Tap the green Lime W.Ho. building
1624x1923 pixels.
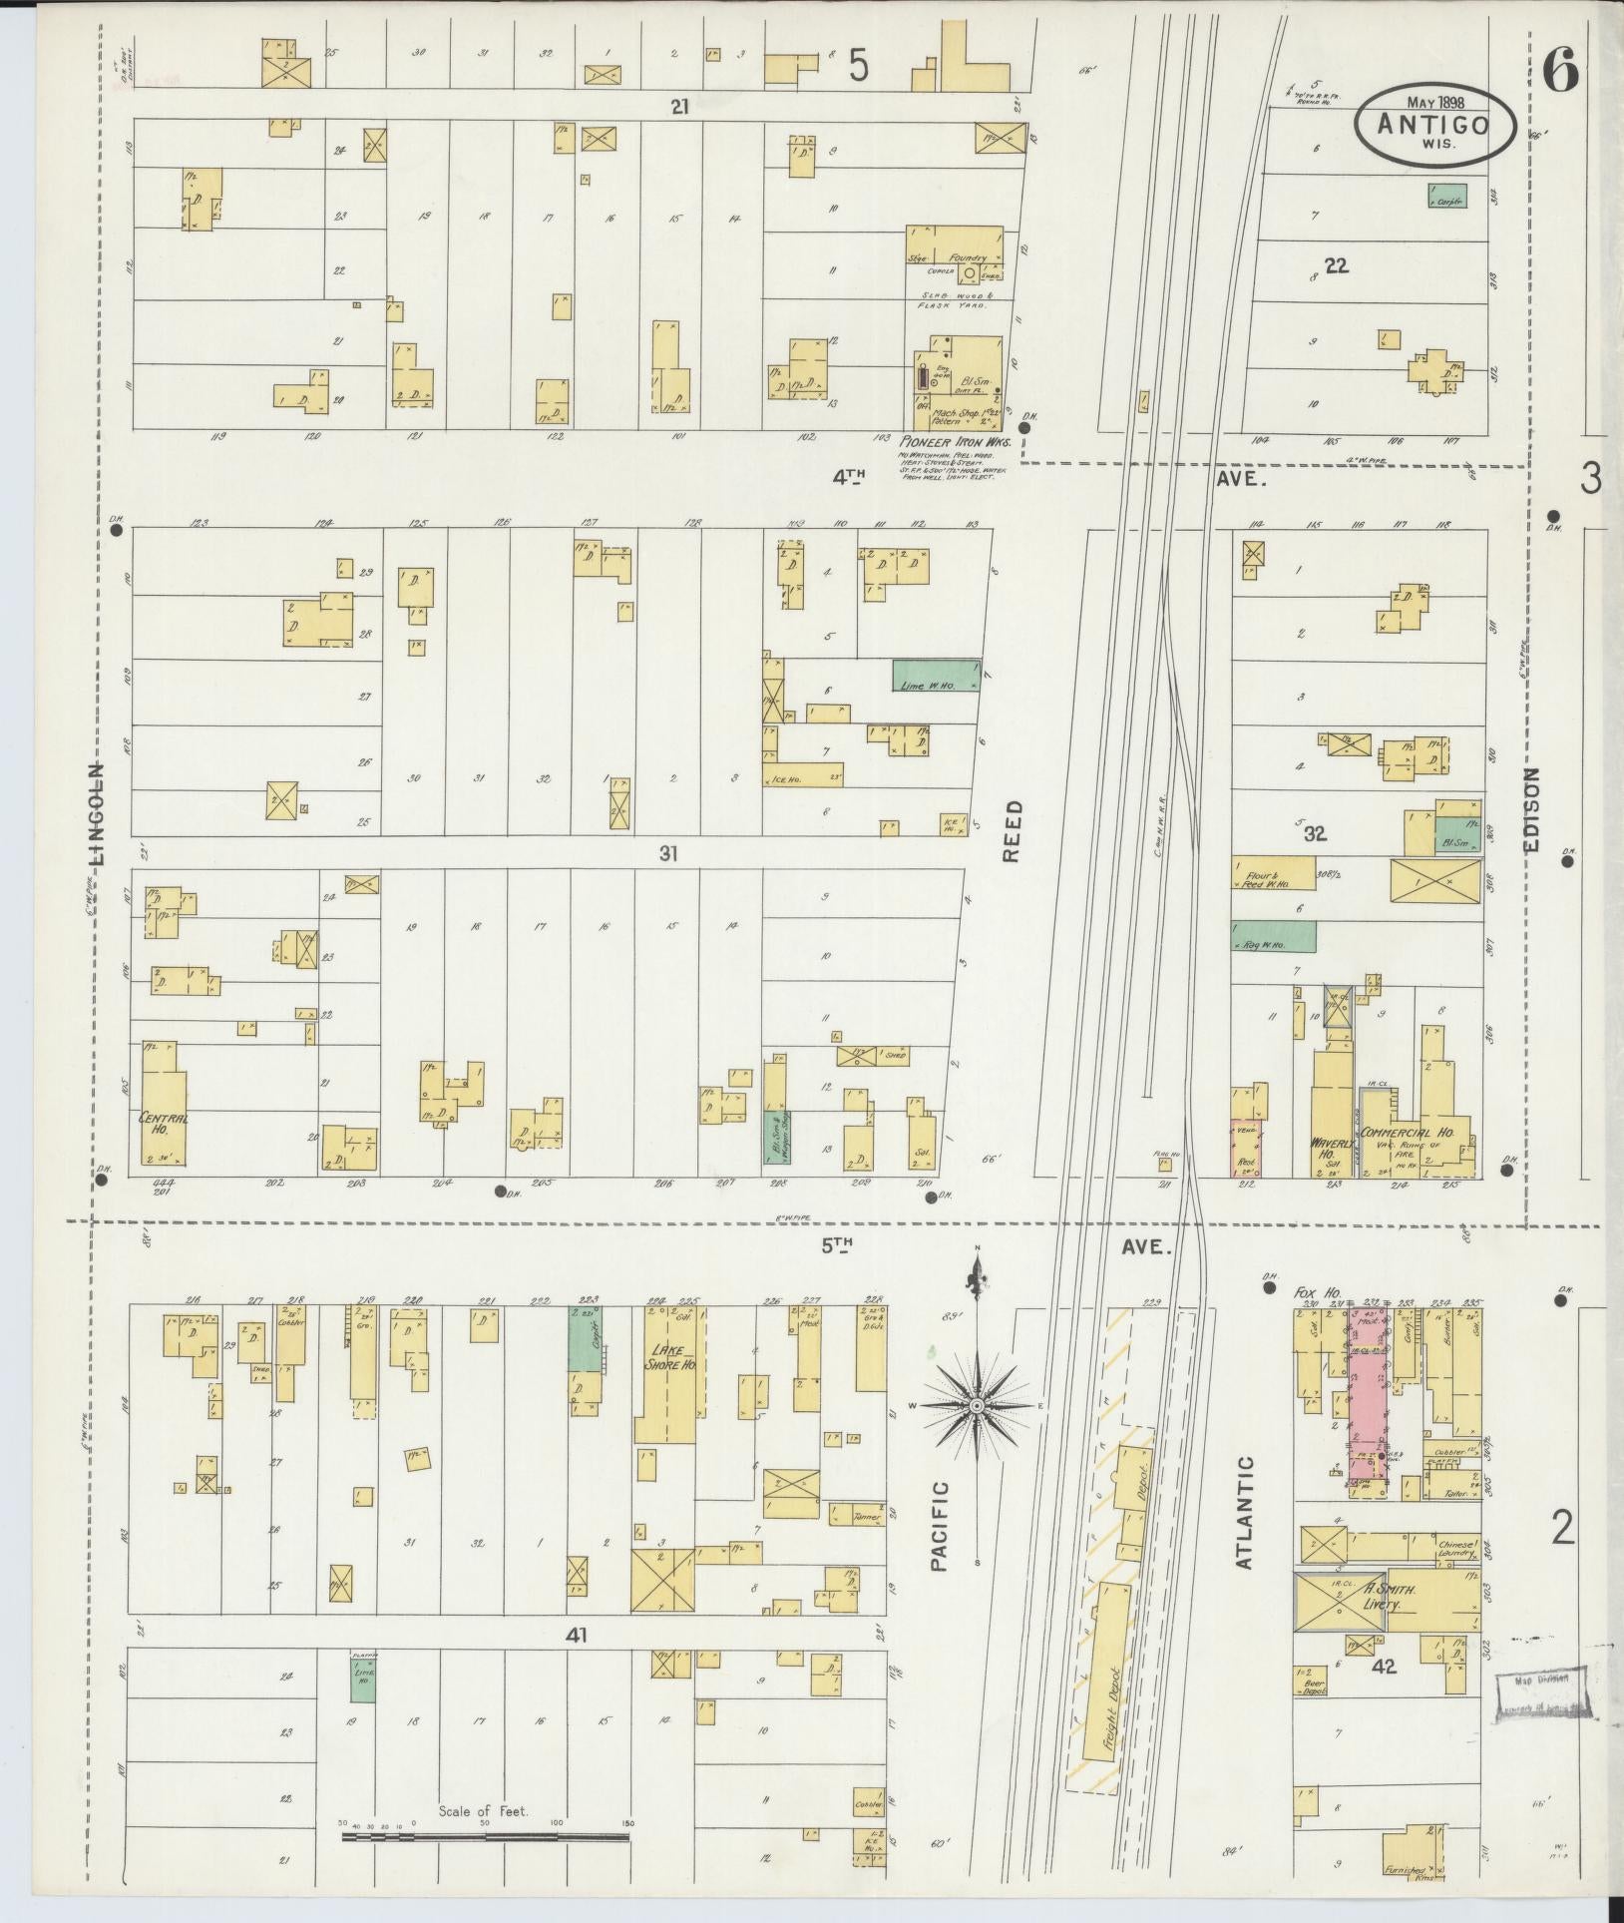tap(935, 676)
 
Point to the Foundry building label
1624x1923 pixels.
tap(967, 257)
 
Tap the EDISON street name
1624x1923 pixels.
tap(1532, 809)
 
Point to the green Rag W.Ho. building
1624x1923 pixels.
tap(1272, 936)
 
